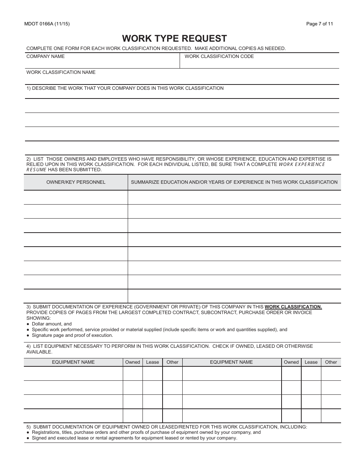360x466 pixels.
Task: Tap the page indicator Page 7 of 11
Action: [x=319, y=24]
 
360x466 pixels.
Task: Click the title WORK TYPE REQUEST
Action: [x=174, y=38]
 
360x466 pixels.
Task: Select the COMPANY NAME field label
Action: [x=45, y=56]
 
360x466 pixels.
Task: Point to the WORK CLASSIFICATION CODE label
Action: [x=219, y=56]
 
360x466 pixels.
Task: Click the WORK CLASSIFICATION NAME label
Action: [x=61, y=72]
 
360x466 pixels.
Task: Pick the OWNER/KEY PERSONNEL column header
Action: [x=76, y=182]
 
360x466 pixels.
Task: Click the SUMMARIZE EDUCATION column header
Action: [x=234, y=182]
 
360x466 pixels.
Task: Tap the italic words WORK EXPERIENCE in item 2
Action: [x=302, y=164]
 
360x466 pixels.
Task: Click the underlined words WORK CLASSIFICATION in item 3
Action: [x=293, y=307]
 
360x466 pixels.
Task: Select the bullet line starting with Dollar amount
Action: [x=52, y=324]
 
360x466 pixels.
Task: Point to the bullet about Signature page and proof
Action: [x=72, y=335]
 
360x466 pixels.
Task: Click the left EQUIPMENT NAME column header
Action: [x=73, y=362]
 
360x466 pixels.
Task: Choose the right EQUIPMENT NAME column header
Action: [x=231, y=362]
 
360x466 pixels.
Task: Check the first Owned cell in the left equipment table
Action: [x=133, y=374]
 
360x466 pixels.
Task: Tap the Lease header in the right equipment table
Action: [x=311, y=362]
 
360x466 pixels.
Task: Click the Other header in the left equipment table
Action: [x=172, y=362]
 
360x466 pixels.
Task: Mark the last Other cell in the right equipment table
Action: [x=331, y=416]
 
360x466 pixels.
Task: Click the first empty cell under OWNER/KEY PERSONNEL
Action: [x=76, y=197]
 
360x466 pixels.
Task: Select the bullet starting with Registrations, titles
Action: [x=146, y=432]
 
